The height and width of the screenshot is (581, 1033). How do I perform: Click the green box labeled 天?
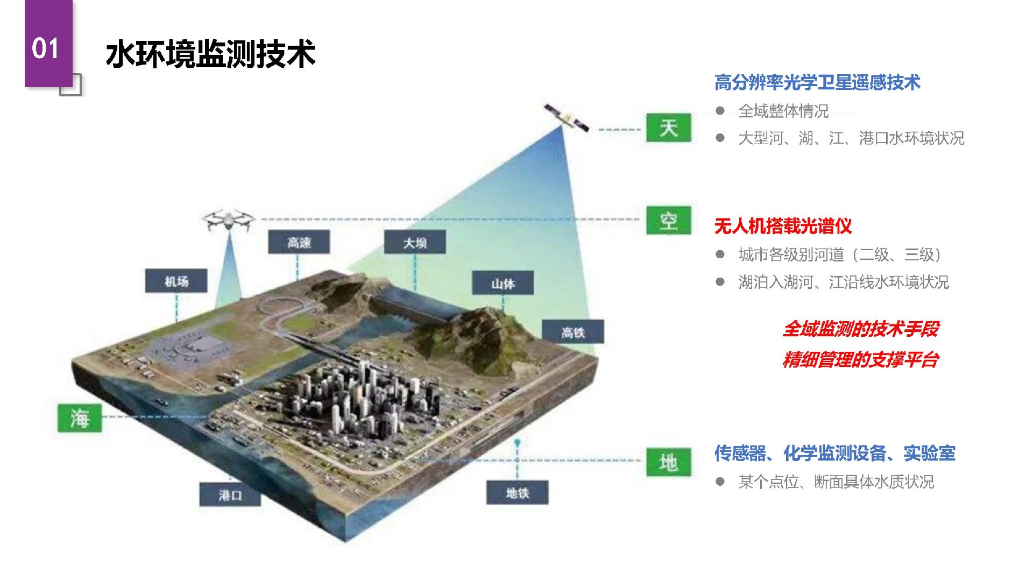pyautogui.click(x=669, y=128)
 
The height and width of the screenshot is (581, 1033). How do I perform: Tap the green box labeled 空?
pyautogui.click(x=669, y=221)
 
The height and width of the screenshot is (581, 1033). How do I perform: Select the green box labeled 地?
pyautogui.click(x=669, y=462)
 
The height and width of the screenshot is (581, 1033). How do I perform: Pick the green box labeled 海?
pyautogui.click(x=80, y=418)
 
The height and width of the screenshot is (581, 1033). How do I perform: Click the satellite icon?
pyautogui.click(x=567, y=118)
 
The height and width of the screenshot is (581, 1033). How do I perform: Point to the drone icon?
pyautogui.click(x=228, y=220)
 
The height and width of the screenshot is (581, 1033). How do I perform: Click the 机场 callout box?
pyautogui.click(x=176, y=281)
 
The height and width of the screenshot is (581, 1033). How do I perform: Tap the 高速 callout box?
pyautogui.click(x=299, y=243)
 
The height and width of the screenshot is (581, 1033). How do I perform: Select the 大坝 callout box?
pyautogui.click(x=415, y=243)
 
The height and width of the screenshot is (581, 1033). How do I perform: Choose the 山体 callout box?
pyautogui.click(x=503, y=283)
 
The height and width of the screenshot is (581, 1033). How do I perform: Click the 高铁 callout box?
pyautogui.click(x=573, y=332)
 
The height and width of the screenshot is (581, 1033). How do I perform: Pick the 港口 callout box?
pyautogui.click(x=230, y=494)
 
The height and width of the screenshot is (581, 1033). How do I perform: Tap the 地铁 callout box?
pyautogui.click(x=518, y=493)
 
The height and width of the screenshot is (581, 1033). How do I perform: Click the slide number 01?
pyautogui.click(x=45, y=48)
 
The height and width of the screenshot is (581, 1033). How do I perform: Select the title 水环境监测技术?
pyautogui.click(x=210, y=54)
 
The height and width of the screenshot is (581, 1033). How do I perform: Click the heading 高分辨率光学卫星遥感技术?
pyautogui.click(x=817, y=82)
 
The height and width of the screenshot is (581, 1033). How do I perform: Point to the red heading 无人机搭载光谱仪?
pyautogui.click(x=783, y=226)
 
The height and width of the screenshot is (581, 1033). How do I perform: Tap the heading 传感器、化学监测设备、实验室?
pyautogui.click(x=835, y=453)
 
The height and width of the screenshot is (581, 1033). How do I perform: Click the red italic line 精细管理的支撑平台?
pyautogui.click(x=861, y=359)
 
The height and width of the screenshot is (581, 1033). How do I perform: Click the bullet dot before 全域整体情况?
pyautogui.click(x=720, y=111)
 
